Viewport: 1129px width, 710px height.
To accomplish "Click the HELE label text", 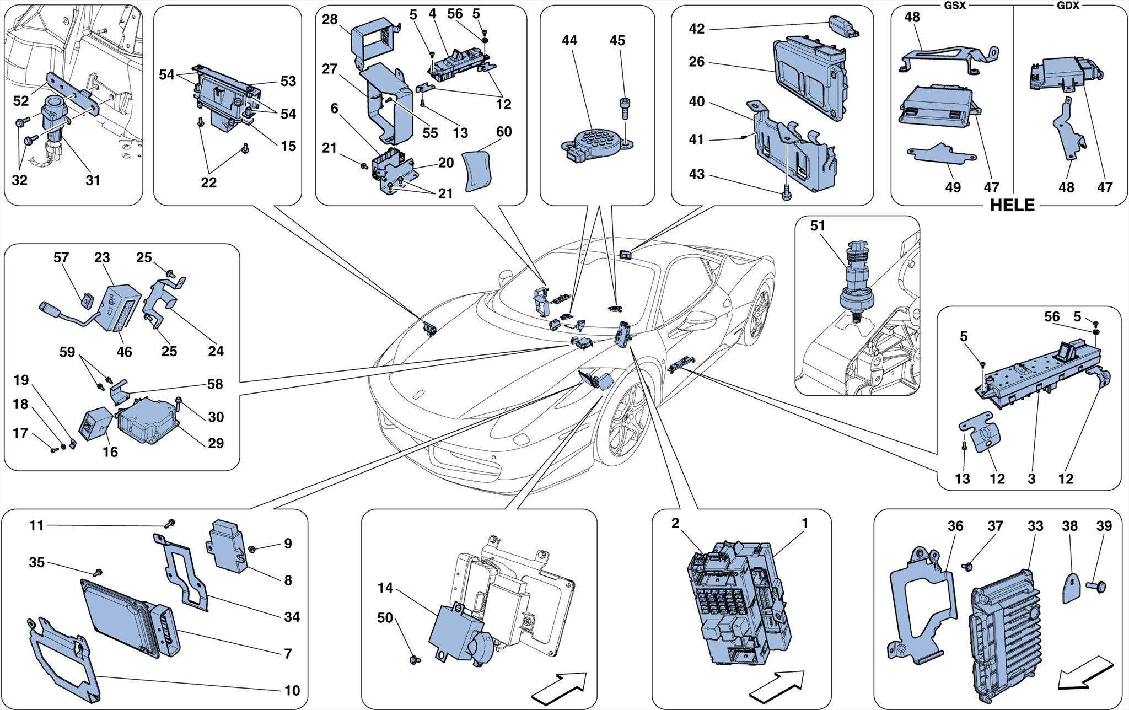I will click(x=1012, y=206).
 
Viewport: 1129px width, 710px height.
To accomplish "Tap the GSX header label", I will click(x=955, y=6).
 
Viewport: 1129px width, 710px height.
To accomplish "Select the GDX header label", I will click(x=1068, y=6).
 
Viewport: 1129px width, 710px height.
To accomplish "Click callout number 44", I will click(x=569, y=40).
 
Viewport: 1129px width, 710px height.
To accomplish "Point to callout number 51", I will click(x=818, y=225).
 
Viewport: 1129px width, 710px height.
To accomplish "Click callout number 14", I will click(x=385, y=588).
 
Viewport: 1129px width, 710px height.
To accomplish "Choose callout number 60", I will click(x=504, y=132).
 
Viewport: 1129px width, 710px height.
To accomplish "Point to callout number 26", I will click(x=697, y=62).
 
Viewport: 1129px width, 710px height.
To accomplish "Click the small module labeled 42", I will click(x=843, y=25).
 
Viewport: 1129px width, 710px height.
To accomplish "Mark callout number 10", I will click(x=292, y=690).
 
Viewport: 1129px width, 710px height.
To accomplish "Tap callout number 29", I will click(x=216, y=443).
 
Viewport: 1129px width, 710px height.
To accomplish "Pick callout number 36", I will click(x=955, y=526).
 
